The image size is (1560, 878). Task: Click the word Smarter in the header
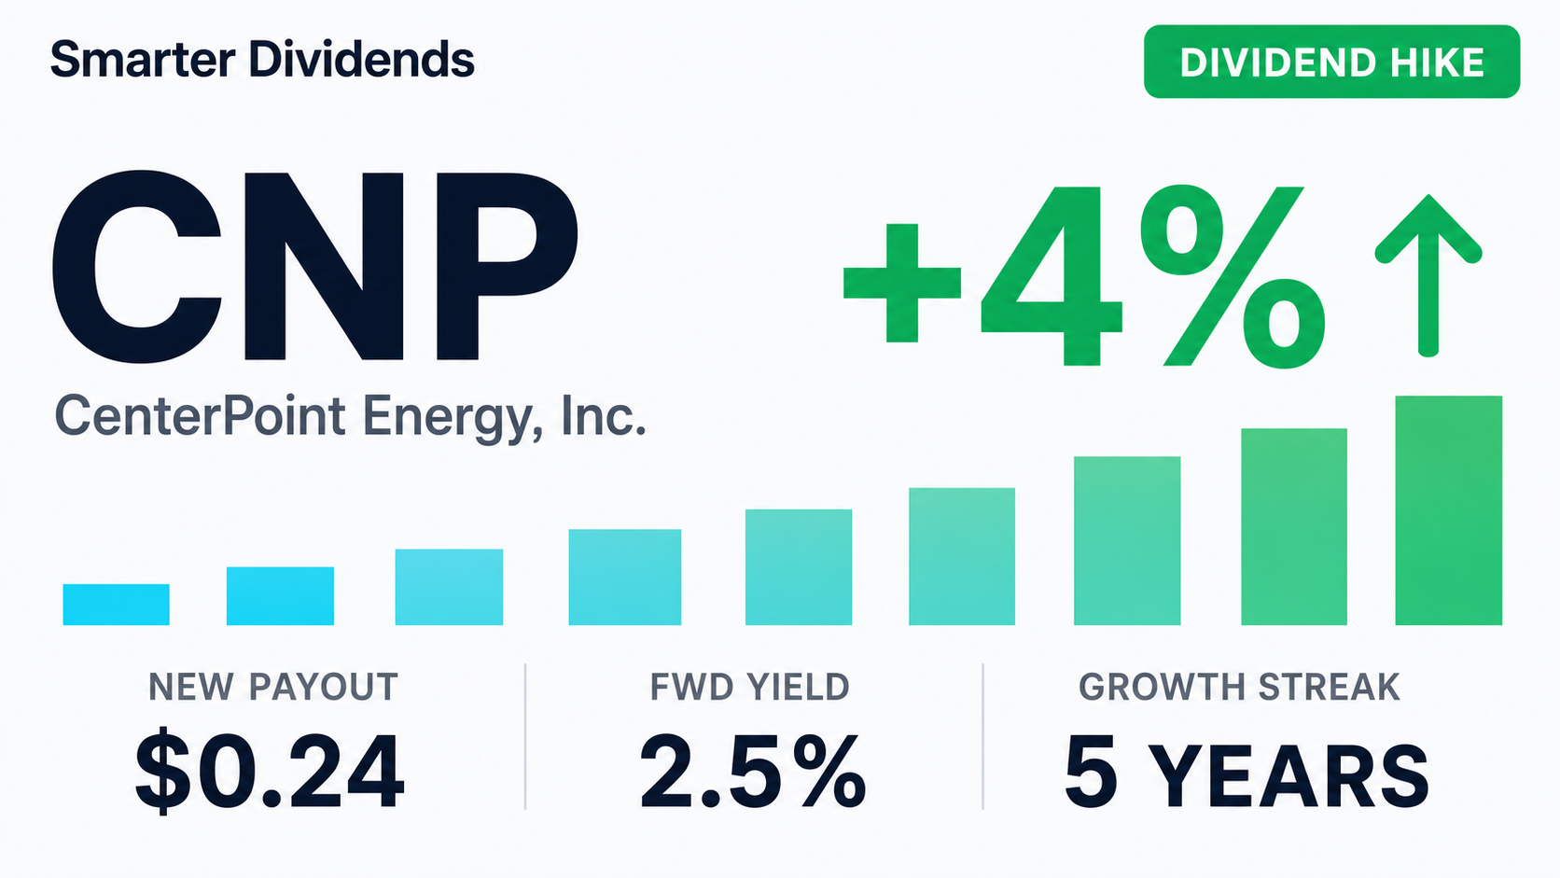click(x=143, y=59)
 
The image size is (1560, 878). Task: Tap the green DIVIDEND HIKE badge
click(x=1331, y=62)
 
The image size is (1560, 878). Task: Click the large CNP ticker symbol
click(x=314, y=267)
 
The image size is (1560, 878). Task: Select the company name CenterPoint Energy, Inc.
click(x=350, y=416)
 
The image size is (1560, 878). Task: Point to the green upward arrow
click(x=1428, y=275)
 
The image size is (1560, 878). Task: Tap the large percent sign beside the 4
click(x=1233, y=276)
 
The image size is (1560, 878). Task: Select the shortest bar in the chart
click(x=117, y=605)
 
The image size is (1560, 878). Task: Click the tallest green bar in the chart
click(x=1449, y=510)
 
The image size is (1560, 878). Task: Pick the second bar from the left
click(x=280, y=596)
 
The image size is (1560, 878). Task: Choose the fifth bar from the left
click(x=799, y=566)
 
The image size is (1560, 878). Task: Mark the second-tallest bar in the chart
click(x=1294, y=526)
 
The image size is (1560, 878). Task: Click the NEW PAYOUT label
click(x=273, y=688)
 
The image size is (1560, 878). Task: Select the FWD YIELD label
click(x=749, y=688)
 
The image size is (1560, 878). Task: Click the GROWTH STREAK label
click(x=1239, y=688)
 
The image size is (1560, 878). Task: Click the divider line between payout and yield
click(x=525, y=737)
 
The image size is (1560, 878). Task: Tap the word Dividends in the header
click(x=361, y=59)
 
